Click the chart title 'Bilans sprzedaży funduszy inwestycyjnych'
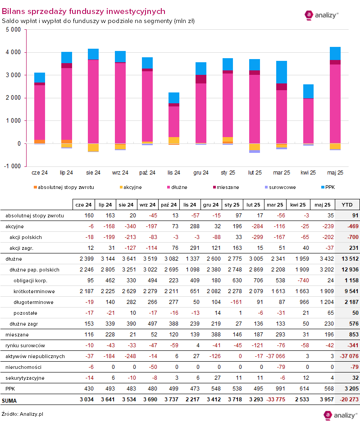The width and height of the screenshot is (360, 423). [83, 11]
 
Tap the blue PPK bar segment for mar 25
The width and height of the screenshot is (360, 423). [282, 72]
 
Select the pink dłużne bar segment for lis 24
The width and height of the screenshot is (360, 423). [174, 121]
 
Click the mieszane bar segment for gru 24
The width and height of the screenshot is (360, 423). [201, 79]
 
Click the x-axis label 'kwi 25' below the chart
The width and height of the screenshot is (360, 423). [308, 173]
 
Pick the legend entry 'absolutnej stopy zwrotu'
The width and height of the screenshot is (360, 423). [64, 187]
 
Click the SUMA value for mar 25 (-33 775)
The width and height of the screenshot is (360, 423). [275, 400]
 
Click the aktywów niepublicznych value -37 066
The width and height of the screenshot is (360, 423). [275, 356]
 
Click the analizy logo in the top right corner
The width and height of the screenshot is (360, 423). [322, 15]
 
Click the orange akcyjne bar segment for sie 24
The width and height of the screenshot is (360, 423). [93, 147]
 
